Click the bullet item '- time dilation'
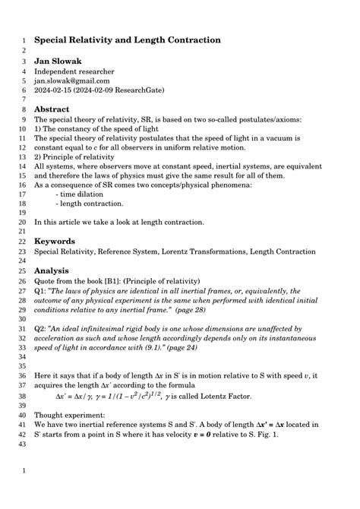(84, 194)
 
